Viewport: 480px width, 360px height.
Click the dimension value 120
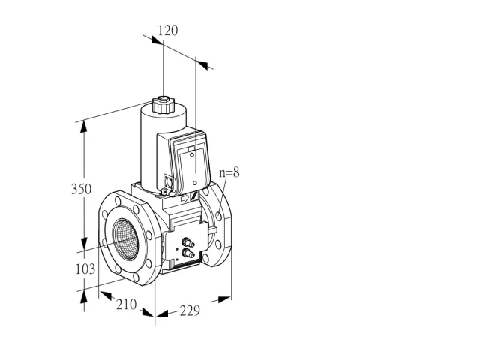click(168, 31)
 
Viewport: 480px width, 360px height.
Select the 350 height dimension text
click(81, 189)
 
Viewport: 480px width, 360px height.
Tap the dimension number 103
click(85, 269)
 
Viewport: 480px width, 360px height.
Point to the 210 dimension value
click(126, 304)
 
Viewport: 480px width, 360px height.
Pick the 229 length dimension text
click(190, 310)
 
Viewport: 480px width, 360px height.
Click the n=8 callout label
click(229, 173)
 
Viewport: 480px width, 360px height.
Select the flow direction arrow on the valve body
click(185, 199)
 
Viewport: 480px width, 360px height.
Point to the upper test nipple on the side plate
click(188, 243)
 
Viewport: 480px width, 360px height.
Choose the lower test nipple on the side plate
click(188, 253)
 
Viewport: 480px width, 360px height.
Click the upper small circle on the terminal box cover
click(192, 155)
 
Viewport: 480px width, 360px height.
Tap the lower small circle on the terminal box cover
click(195, 183)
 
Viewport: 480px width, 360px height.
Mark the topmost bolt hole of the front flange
click(118, 201)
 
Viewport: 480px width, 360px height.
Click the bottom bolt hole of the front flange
click(136, 277)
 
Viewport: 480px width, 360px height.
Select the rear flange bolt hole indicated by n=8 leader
click(218, 217)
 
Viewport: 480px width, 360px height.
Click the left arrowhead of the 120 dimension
click(157, 40)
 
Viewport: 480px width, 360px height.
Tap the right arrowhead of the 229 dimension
click(224, 299)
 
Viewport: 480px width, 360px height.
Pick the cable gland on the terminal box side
click(168, 182)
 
